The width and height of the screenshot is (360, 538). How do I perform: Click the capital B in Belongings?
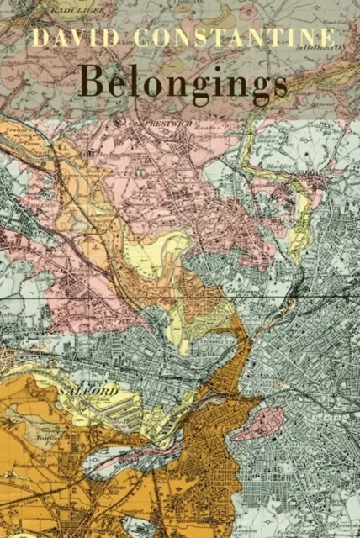91,82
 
